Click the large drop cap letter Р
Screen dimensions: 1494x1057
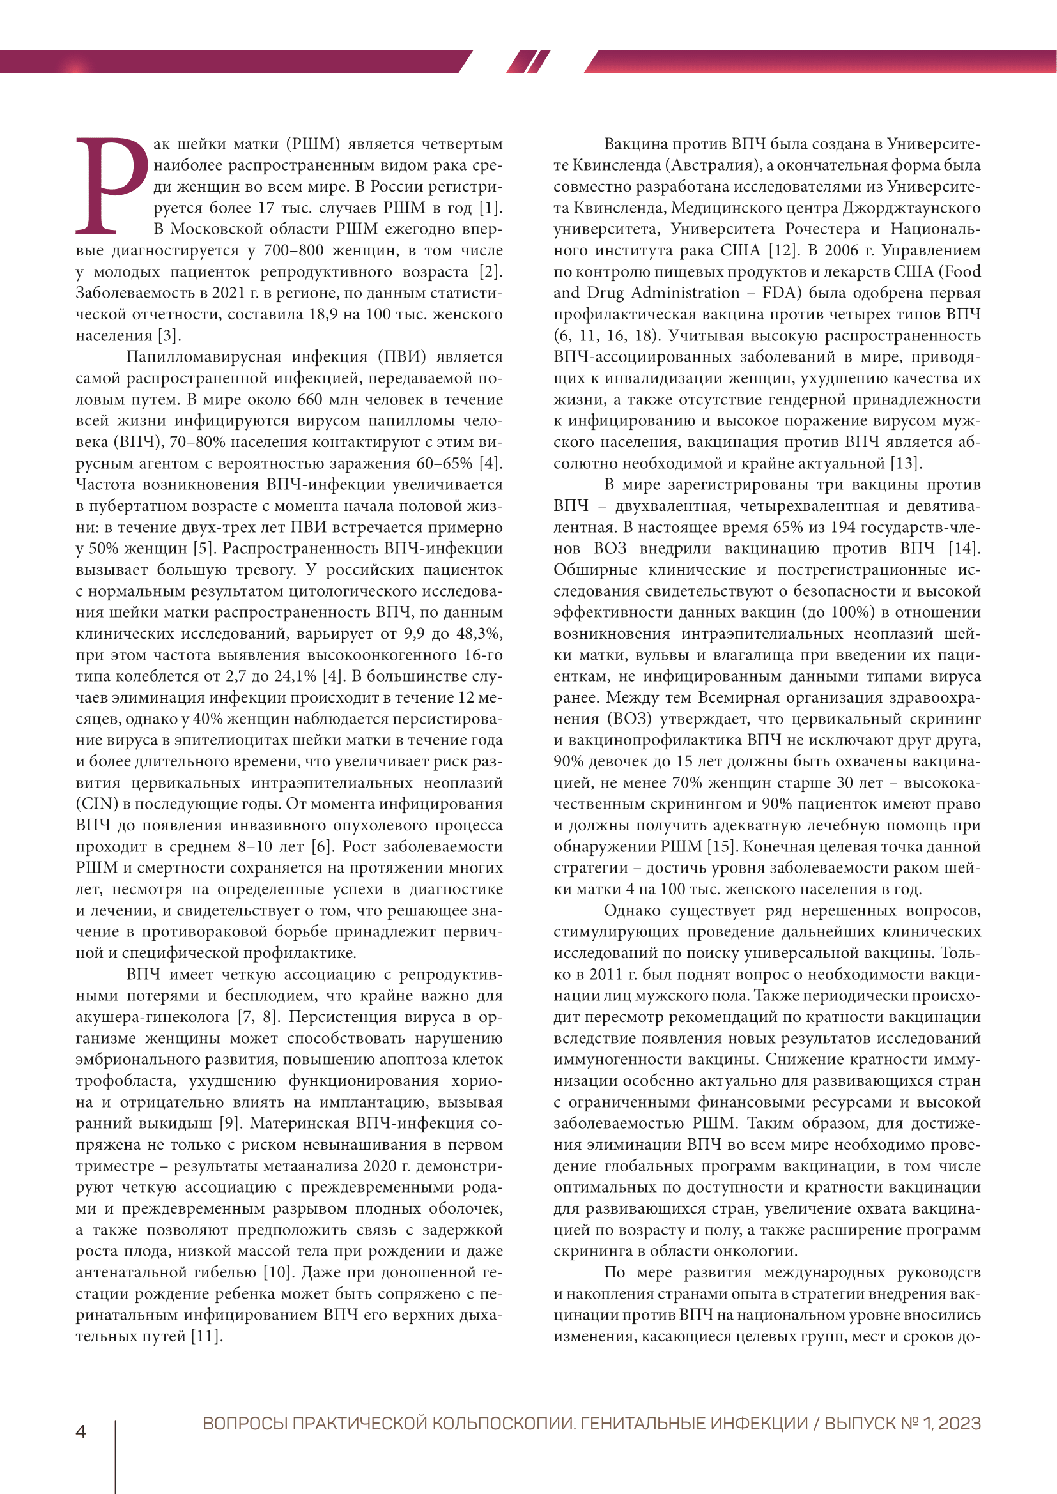pos(111,185)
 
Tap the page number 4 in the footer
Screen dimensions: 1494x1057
pos(81,1432)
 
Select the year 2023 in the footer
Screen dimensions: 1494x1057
pos(959,1424)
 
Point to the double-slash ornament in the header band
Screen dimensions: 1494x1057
pos(528,62)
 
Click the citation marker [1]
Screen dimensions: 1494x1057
pos(491,208)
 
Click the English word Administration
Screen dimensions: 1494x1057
pos(685,293)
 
